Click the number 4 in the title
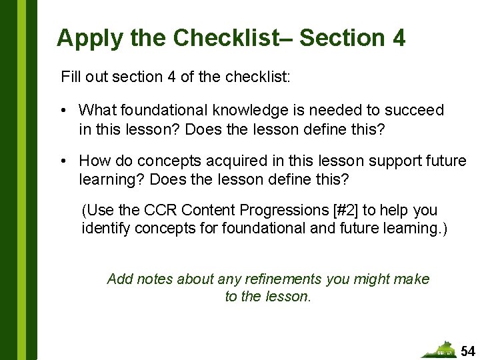coord(399,38)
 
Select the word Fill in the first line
coord(70,77)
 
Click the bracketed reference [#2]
coord(345,210)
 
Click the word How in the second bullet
coord(94,161)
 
